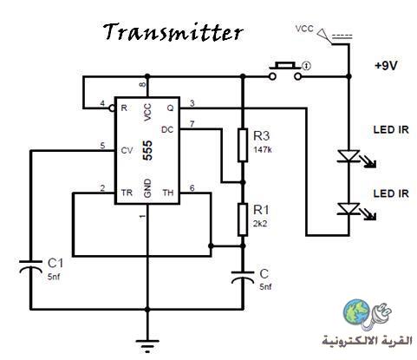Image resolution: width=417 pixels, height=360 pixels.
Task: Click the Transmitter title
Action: (173, 32)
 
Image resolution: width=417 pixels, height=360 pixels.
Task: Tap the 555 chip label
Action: (147, 150)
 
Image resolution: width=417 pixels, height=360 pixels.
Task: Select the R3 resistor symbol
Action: (243, 145)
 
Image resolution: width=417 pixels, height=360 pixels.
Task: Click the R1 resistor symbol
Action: (243, 219)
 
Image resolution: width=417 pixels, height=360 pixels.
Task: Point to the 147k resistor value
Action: (263, 150)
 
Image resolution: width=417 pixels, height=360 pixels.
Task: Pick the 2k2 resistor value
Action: (260, 224)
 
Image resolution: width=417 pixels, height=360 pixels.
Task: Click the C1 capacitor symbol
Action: (30, 266)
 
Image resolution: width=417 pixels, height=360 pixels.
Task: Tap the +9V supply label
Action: (386, 66)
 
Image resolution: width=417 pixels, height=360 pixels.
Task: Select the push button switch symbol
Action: (285, 71)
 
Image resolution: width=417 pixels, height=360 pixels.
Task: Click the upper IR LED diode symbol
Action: (349, 156)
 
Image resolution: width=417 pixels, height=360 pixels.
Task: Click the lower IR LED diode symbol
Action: (349, 209)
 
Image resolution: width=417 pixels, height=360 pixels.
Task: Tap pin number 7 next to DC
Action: (192, 124)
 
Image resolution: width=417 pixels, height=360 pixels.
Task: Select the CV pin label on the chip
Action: (127, 151)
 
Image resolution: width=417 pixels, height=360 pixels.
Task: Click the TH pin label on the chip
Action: (168, 193)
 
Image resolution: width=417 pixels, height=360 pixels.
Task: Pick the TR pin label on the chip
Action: (127, 193)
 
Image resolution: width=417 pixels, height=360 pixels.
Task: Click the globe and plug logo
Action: (367, 316)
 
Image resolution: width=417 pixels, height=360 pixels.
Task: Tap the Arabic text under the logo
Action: (368, 341)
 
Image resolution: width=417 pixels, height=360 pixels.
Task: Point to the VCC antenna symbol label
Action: (304, 29)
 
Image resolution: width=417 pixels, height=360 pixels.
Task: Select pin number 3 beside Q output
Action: (192, 103)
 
